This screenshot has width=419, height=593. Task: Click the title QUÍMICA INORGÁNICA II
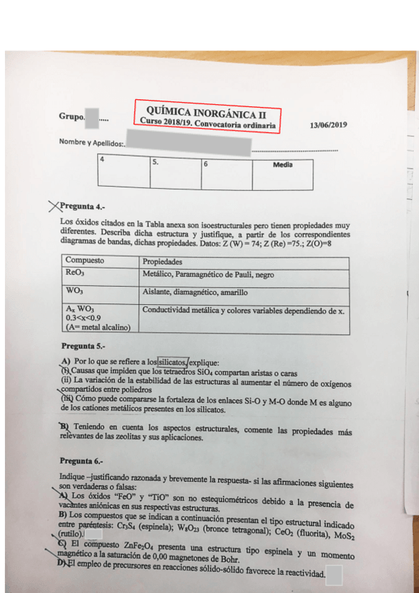tap(206, 110)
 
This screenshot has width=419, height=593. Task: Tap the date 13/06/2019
tap(327, 125)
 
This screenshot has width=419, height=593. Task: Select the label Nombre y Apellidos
tap(92, 143)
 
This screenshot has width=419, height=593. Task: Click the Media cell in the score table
tap(283, 165)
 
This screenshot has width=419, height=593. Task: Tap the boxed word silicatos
tap(173, 362)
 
